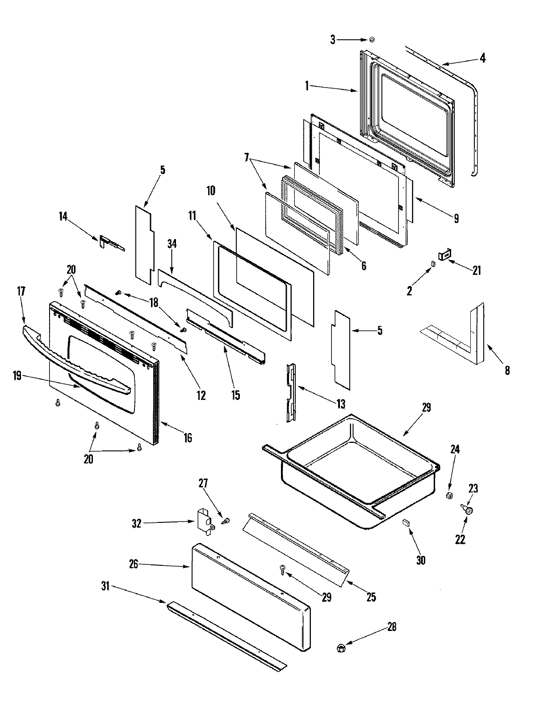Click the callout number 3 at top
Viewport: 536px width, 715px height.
pos(333,40)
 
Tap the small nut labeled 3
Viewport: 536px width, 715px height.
pos(372,40)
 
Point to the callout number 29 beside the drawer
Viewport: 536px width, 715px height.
pos(426,407)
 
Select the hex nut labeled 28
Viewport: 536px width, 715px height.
pos(340,647)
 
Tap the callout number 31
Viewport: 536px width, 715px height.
pos(105,587)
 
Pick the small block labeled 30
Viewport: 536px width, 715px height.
pos(406,522)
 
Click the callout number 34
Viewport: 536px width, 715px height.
pos(172,244)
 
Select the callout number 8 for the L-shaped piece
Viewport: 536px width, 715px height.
pos(507,370)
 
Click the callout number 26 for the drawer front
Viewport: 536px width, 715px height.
pos(134,565)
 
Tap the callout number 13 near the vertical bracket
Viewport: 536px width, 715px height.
pos(341,404)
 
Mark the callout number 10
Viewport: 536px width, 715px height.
pos(210,191)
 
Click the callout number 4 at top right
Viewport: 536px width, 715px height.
pos(482,58)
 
